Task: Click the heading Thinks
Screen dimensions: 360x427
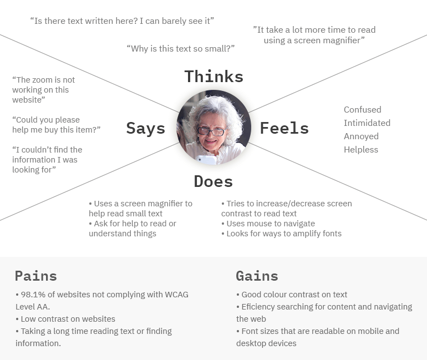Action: tap(213, 77)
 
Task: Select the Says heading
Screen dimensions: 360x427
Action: tap(145, 128)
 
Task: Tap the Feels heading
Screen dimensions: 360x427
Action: tap(284, 128)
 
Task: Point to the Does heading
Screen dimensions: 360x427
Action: tap(213, 181)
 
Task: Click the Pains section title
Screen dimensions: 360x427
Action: tap(35, 276)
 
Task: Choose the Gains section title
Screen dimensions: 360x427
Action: tap(257, 276)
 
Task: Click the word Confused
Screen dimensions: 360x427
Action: tap(362, 110)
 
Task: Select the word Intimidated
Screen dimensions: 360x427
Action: tap(367, 123)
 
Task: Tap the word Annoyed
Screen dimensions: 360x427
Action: tap(361, 136)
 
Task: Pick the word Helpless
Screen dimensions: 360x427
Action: tap(360, 150)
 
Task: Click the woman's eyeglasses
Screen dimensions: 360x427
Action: tap(211, 131)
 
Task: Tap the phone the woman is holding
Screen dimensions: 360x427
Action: tap(207, 160)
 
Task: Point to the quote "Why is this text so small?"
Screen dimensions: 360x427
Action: tap(181, 49)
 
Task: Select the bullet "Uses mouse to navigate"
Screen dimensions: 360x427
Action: tap(270, 224)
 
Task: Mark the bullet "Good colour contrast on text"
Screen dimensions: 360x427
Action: tap(294, 295)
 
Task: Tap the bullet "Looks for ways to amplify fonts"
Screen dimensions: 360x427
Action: tap(283, 234)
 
